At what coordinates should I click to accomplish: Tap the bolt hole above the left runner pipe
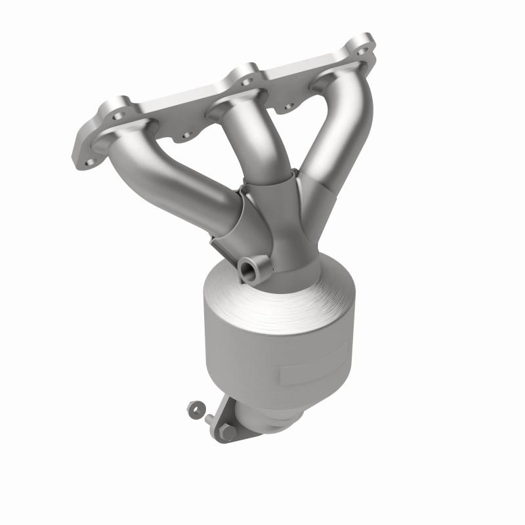click(x=119, y=116)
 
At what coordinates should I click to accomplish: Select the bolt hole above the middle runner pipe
click(x=247, y=82)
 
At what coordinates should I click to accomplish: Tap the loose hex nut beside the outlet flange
click(x=194, y=409)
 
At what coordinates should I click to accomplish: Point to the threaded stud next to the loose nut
click(x=209, y=419)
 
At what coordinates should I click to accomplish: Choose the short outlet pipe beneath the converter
click(x=262, y=420)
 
